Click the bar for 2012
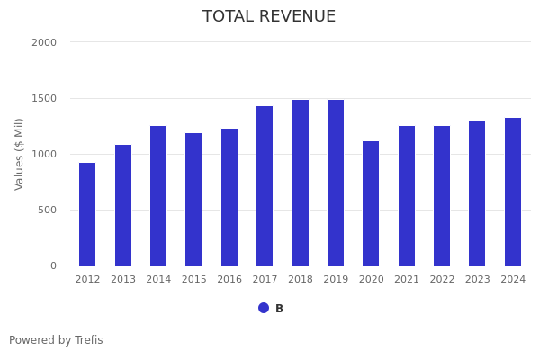tap(87, 214)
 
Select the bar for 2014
tap(158, 196)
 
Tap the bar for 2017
tap(265, 186)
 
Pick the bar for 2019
tap(336, 183)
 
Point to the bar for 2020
tap(371, 203)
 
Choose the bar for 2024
tap(513, 192)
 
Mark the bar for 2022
tap(442, 196)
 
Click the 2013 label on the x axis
tap(123, 280)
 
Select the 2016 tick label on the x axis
tap(229, 280)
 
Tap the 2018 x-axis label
tap(301, 280)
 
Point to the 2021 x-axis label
tap(407, 280)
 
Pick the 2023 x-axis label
tap(478, 280)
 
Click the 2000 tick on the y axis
tap(44, 42)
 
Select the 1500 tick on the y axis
tap(44, 98)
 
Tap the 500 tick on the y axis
tap(47, 210)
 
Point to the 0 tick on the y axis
tap(53, 265)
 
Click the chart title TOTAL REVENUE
tap(269, 17)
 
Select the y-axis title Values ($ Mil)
tap(20, 154)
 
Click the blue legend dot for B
tap(264, 308)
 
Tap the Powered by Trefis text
tap(56, 341)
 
